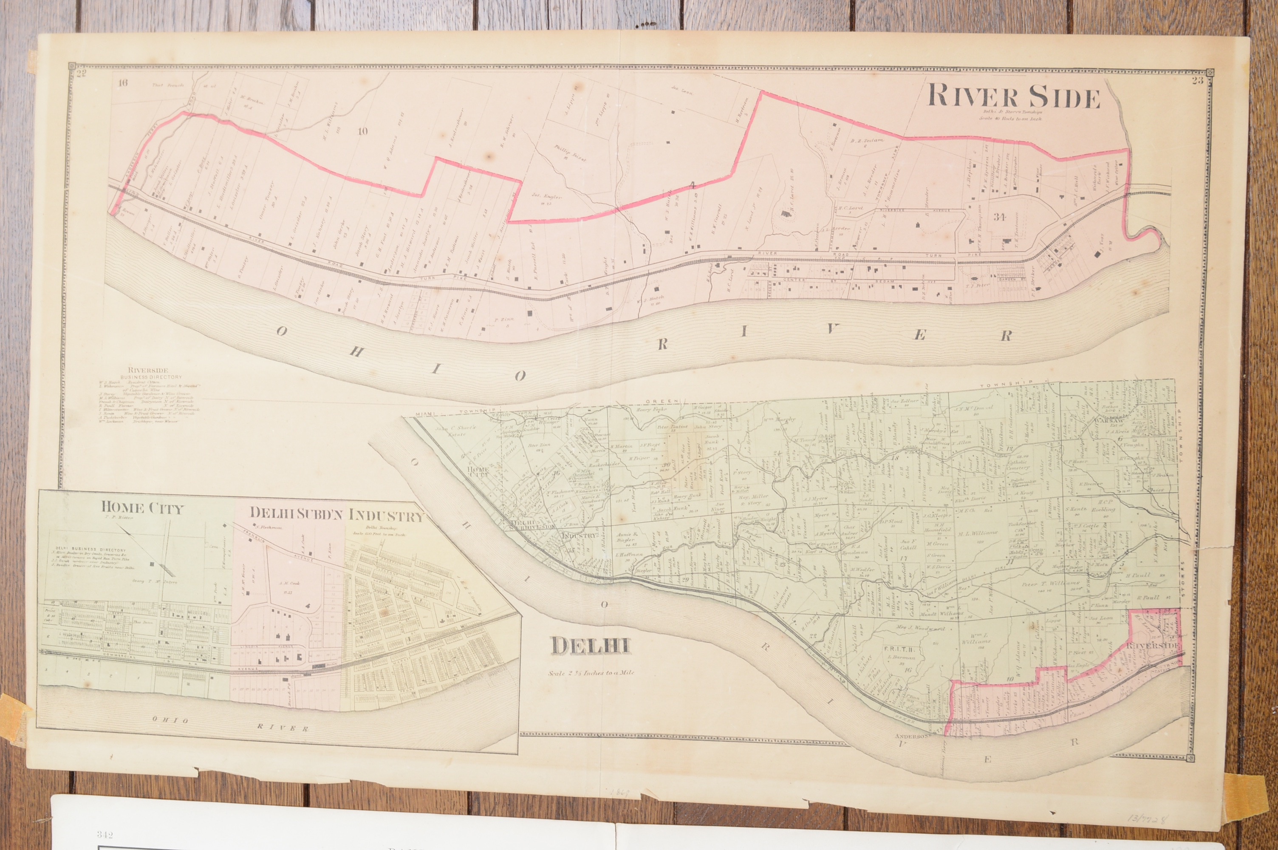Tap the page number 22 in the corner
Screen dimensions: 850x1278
tap(82, 74)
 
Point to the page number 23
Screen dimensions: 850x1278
tap(1193, 81)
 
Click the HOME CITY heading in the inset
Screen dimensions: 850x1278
tap(142, 508)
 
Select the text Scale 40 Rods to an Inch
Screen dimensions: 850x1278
tap(1013, 119)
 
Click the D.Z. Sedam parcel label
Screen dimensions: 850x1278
tap(867, 140)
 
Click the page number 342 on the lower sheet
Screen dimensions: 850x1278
tap(105, 834)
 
